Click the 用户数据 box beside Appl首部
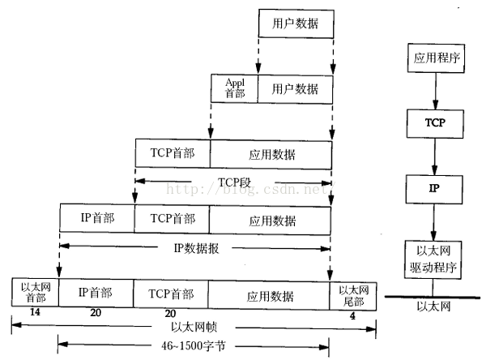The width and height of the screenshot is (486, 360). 294,88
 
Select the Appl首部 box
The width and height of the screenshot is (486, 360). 234,88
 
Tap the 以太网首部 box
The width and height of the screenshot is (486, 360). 34,293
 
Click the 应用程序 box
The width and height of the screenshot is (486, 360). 436,60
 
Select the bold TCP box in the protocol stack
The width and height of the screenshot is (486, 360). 436,124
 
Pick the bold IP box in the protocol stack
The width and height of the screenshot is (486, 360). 436,188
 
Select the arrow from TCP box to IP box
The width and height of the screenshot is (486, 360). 436,156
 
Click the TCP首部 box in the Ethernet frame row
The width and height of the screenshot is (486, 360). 171,293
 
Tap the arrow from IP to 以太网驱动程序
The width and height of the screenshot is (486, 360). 436,221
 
